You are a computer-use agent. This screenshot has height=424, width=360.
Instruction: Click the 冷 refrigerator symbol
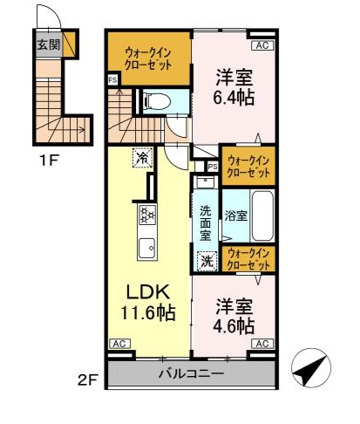[141, 158]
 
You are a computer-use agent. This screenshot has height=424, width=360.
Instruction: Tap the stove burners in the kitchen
[145, 215]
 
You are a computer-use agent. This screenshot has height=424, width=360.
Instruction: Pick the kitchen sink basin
[145, 246]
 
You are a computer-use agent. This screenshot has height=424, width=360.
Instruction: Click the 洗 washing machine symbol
[207, 259]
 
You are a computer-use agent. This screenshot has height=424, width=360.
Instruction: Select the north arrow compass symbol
[309, 370]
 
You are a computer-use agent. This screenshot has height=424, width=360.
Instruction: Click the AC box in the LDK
[119, 344]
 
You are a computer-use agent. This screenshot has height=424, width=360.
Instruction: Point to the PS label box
[213, 167]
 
